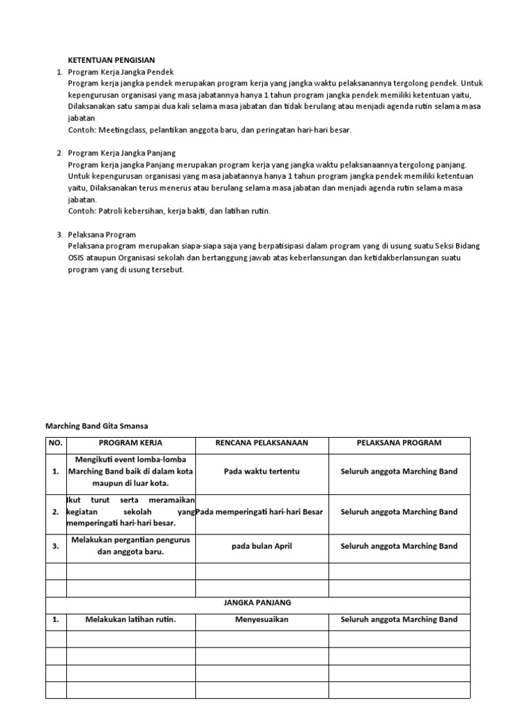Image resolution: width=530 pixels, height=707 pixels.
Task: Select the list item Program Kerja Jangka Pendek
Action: [x=121, y=72]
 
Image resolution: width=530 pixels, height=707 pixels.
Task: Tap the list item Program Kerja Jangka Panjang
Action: [x=121, y=153]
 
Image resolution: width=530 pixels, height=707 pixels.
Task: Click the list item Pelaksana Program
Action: [x=101, y=235]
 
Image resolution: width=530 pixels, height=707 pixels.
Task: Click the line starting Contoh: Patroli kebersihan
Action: [x=169, y=211]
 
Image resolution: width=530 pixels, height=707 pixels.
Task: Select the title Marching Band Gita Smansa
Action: [x=97, y=426]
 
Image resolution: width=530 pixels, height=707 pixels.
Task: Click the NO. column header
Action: [x=55, y=443]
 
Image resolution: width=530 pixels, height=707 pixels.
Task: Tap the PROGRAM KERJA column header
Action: [x=130, y=443]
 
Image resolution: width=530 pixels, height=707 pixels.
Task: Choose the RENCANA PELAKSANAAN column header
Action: [x=262, y=443]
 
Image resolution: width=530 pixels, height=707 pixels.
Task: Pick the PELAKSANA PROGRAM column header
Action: [x=399, y=443]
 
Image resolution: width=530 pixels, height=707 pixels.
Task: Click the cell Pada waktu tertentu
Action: [x=262, y=472]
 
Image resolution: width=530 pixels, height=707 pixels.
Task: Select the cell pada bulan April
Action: [x=262, y=546]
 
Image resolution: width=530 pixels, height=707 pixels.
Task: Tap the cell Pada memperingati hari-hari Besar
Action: [x=260, y=512]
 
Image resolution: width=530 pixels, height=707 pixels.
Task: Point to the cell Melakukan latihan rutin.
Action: [x=130, y=619]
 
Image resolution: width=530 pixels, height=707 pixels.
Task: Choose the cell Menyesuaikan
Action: [x=262, y=619]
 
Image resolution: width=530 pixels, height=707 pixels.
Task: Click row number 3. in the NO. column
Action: [x=55, y=546]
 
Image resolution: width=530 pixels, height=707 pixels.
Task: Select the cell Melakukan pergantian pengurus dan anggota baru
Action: [x=130, y=546]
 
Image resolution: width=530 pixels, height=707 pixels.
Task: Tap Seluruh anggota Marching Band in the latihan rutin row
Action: [x=399, y=619]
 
